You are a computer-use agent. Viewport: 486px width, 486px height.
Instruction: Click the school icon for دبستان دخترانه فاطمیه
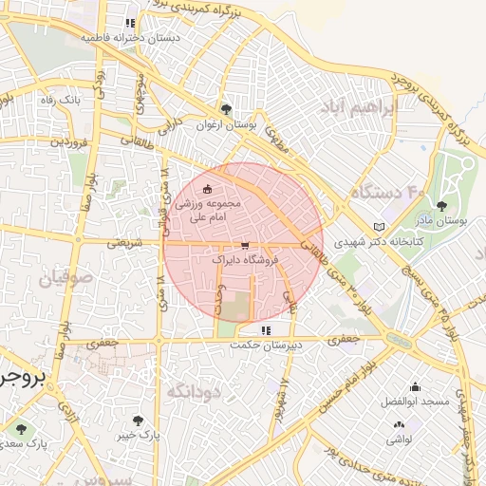click(130, 24)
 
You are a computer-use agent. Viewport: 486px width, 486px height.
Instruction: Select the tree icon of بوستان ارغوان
click(225, 109)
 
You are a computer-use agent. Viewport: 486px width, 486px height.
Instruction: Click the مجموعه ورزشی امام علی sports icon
click(208, 190)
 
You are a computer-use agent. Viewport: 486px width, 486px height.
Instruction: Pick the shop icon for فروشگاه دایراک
click(246, 244)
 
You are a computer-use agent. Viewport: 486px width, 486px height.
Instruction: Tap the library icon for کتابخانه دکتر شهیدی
click(380, 228)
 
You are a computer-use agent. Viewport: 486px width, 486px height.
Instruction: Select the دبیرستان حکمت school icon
click(265, 330)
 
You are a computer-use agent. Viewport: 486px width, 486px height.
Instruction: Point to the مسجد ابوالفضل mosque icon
click(415, 387)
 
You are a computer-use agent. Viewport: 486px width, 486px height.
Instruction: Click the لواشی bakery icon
click(398, 425)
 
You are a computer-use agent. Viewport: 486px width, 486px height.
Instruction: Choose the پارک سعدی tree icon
click(21, 430)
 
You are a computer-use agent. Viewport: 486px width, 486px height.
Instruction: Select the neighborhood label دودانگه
click(194, 391)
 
